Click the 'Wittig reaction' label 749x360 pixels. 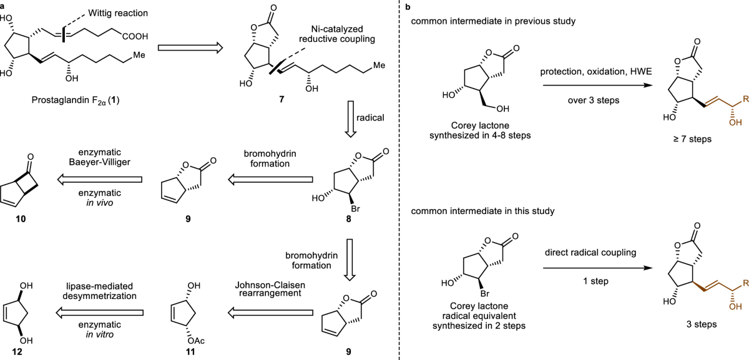[x=118, y=13]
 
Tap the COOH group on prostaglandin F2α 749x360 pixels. [x=135, y=36]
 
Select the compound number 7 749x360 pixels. [x=281, y=99]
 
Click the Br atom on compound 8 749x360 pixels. [x=355, y=209]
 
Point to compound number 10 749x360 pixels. [x=21, y=219]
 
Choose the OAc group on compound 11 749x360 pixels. [x=196, y=341]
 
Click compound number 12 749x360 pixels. [x=17, y=352]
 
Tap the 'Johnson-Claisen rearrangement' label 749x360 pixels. [x=270, y=289]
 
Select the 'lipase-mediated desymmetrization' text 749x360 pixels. [x=99, y=291]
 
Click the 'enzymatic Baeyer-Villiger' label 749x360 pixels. [x=100, y=157]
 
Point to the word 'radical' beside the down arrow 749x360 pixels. [x=370, y=118]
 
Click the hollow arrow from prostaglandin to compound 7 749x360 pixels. [x=190, y=48]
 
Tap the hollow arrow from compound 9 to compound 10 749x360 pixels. [x=100, y=180]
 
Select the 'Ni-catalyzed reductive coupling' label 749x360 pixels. [x=336, y=34]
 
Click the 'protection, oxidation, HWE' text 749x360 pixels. [x=596, y=72]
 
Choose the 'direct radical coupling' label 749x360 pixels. [x=590, y=252]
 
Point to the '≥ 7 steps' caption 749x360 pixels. [x=692, y=139]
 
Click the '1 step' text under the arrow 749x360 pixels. [x=596, y=281]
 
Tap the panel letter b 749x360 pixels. [x=408, y=7]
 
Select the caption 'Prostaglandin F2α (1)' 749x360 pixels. [x=76, y=100]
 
